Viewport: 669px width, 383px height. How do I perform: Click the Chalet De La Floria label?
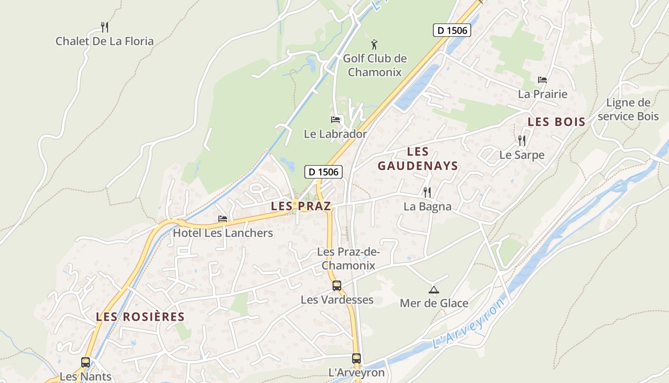[x=105, y=41]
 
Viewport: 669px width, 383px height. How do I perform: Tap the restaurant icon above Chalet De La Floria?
[x=105, y=27]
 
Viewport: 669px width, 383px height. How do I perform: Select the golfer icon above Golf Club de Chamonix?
[x=375, y=45]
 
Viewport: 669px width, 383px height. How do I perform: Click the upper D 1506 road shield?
[x=452, y=30]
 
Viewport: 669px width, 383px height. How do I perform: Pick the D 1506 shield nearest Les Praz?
[x=324, y=171]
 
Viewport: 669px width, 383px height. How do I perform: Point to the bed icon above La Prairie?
[x=542, y=79]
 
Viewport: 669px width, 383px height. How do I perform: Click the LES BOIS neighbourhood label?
[x=556, y=122]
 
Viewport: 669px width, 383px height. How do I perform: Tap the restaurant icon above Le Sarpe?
[x=522, y=140]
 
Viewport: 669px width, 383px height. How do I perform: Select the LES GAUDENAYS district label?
[x=418, y=159]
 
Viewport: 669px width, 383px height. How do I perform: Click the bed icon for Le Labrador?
[x=335, y=119]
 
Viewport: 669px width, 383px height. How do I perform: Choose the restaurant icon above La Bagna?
[x=427, y=192]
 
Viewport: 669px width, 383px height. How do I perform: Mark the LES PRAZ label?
[x=301, y=206]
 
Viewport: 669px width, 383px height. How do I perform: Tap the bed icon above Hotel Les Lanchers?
[x=223, y=218]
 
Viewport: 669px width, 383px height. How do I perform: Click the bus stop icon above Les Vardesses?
[x=337, y=286]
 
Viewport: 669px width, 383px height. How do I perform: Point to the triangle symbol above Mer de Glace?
[x=433, y=289]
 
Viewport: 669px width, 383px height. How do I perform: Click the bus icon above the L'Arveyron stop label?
[x=356, y=358]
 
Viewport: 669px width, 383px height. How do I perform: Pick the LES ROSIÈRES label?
[x=140, y=316]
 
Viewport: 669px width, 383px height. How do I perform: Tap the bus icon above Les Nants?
[x=86, y=362]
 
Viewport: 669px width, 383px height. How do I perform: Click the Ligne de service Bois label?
[x=628, y=109]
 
